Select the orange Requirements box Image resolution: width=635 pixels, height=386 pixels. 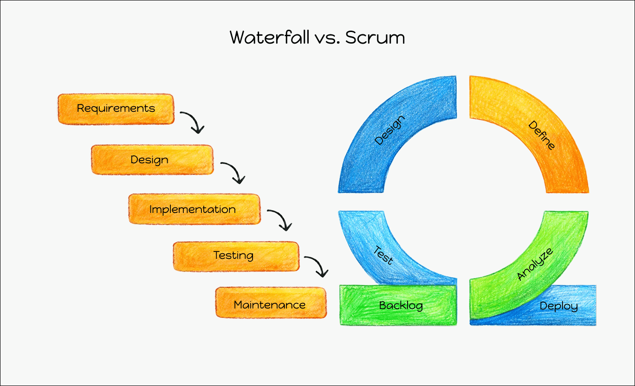click(116, 109)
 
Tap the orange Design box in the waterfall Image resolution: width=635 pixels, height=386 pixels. click(152, 160)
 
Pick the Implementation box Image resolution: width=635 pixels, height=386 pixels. click(194, 209)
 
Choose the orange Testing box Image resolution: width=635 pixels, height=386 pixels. click(236, 256)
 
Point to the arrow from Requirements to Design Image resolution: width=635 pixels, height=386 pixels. click(193, 122)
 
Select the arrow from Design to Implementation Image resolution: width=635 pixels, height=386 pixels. click(233, 172)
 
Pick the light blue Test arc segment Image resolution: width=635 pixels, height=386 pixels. click(371, 251)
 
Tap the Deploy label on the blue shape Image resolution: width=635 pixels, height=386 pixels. click(559, 306)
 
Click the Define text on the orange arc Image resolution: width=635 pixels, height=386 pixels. click(542, 135)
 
